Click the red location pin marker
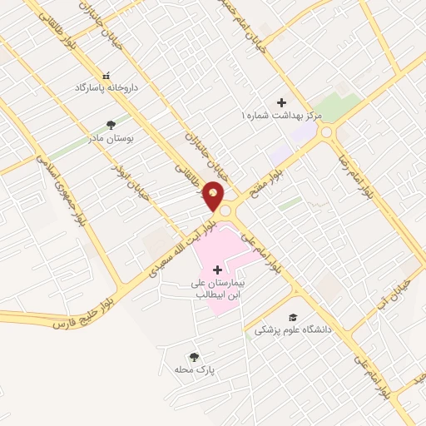(214, 196)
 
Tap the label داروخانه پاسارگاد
(106, 87)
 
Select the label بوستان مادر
(112, 139)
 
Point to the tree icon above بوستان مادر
(111, 126)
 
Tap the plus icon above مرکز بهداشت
(281, 102)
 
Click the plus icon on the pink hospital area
(218, 270)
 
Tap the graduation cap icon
(293, 317)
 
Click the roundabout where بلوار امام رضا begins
(327, 131)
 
